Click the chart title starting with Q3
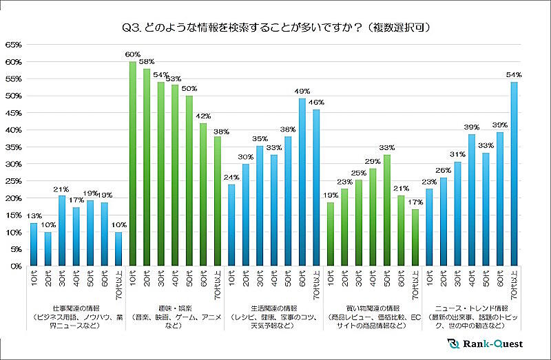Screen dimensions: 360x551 pos(275,27)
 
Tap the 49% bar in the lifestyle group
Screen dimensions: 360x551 pos(301,182)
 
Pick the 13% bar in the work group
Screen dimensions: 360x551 pos(34,244)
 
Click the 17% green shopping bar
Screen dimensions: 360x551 pos(415,237)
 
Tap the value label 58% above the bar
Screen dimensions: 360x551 pos(147,62)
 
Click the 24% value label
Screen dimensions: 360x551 pos(231,178)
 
